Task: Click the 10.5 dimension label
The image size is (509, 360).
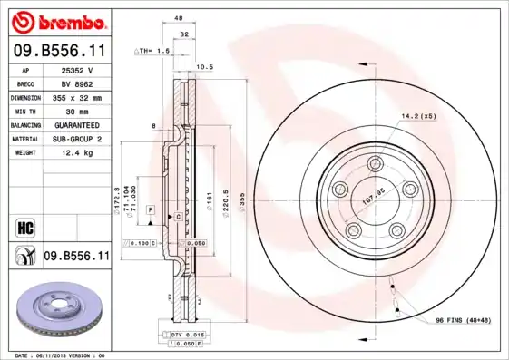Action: (x=205, y=67)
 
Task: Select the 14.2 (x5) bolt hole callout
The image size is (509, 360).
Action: (x=417, y=116)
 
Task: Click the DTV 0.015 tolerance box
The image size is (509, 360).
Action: (x=187, y=335)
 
